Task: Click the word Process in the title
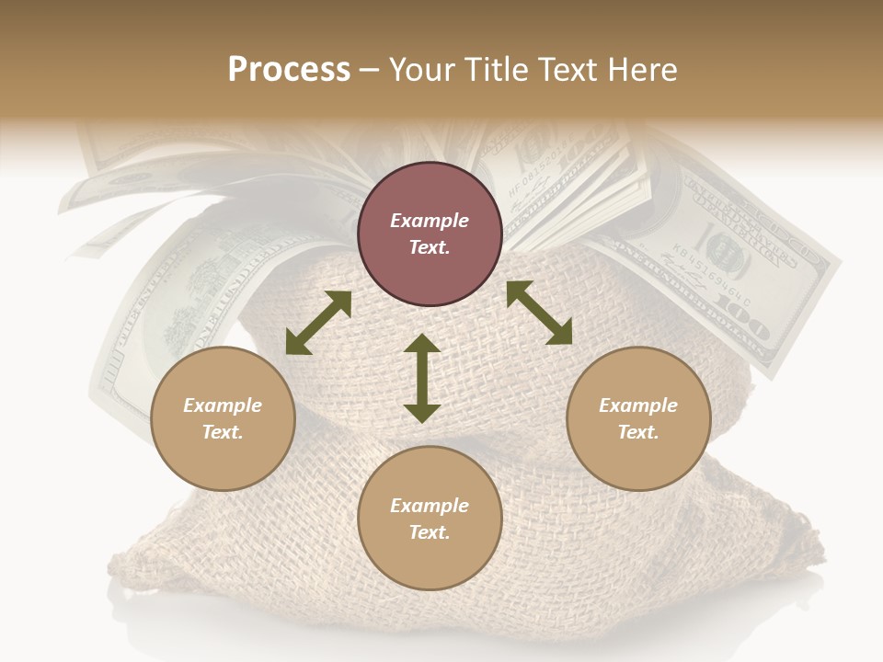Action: click(x=289, y=70)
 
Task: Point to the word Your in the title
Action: click(x=422, y=70)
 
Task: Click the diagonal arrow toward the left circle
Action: click(x=318, y=323)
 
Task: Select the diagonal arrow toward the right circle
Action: click(x=540, y=313)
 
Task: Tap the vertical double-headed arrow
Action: click(x=422, y=378)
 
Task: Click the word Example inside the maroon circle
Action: click(x=430, y=221)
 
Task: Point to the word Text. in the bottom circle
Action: click(x=430, y=532)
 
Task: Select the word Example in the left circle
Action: click(x=223, y=405)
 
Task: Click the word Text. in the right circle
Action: click(x=638, y=432)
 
